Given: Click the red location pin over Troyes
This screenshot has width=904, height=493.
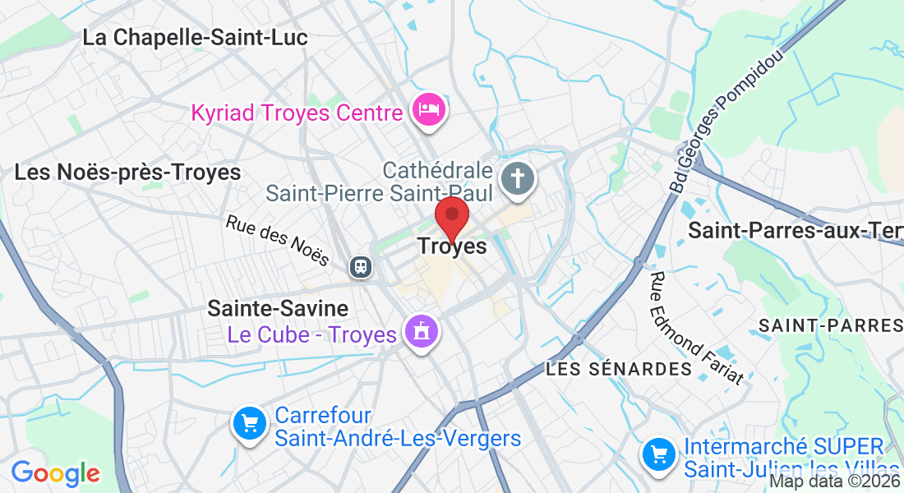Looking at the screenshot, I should [451, 215].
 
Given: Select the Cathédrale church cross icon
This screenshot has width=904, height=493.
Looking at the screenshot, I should [519, 178].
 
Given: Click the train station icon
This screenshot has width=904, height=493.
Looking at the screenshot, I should [360, 266].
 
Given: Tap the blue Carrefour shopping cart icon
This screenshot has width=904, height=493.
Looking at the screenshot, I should [250, 424].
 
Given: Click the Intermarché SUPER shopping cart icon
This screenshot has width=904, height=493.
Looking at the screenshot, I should [659, 454].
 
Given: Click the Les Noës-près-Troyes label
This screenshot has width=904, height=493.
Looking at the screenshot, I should [127, 173].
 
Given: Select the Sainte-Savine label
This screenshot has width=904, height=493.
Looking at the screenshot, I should [278, 308].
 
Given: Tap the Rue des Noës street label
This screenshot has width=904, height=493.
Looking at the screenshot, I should [277, 240].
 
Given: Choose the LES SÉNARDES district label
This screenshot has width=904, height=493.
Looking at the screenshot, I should [619, 369].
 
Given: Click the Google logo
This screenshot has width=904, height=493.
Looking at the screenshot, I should [55, 474].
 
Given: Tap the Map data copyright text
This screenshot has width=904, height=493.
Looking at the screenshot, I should [834, 482].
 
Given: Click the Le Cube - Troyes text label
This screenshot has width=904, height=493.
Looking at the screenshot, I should [312, 334].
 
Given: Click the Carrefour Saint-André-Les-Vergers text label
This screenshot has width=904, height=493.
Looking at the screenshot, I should [398, 427].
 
